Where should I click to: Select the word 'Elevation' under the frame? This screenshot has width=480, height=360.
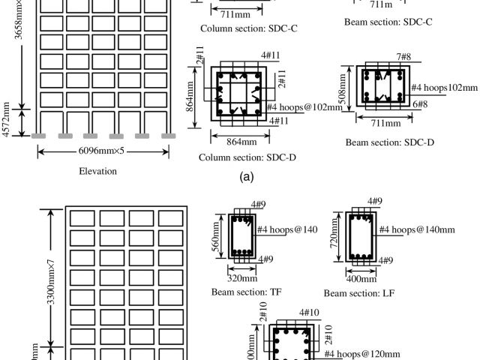point(98,170)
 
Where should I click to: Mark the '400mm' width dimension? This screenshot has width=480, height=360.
point(361,277)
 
